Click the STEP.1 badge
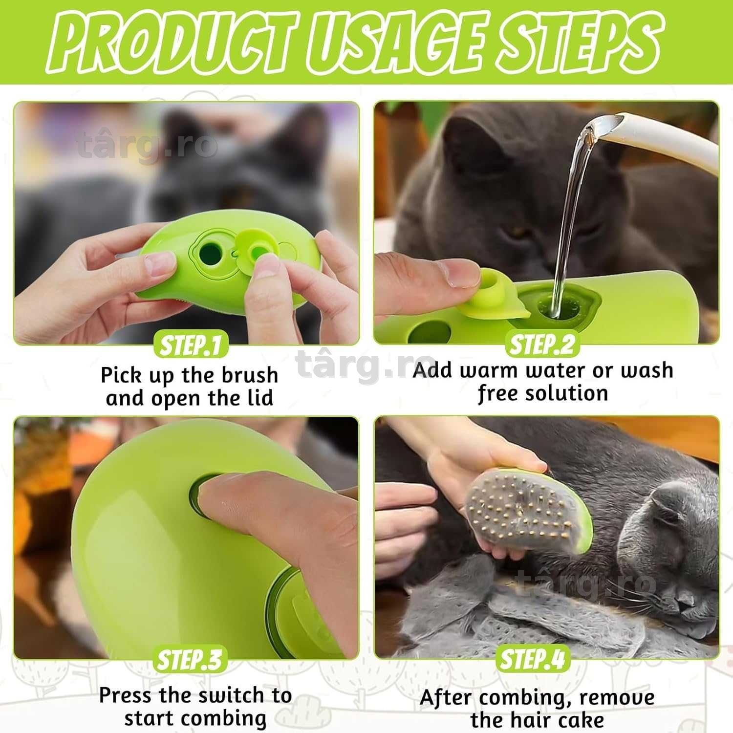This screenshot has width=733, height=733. coord(190,345)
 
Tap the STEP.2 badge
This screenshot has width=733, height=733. coord(542,345)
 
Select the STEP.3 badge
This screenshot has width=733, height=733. coord(189,659)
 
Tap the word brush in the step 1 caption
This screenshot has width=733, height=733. coord(250,375)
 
